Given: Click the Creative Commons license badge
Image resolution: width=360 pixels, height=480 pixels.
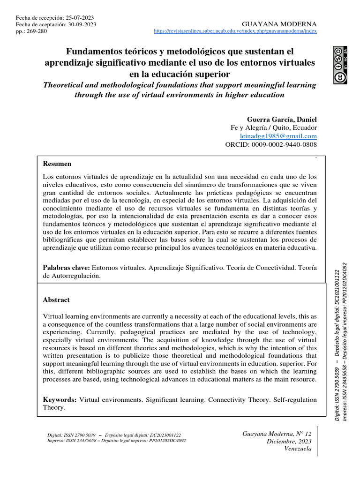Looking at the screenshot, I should point(340,66).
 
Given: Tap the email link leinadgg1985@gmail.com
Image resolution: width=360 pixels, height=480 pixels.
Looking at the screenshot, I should point(278,136).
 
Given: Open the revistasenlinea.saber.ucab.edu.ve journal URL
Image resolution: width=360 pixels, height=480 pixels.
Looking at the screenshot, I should point(235,31).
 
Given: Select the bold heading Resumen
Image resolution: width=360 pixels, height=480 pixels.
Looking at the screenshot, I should point(57,164).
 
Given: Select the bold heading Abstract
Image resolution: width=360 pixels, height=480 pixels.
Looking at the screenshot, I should point(56,300).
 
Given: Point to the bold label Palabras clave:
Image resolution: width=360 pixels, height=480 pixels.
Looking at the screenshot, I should point(66,267).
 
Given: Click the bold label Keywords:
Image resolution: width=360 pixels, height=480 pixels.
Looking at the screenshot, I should point(60,399).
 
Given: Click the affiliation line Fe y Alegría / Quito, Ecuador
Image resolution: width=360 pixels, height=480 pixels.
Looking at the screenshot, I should point(274,127).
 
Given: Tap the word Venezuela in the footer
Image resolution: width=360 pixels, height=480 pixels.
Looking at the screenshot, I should point(298,449).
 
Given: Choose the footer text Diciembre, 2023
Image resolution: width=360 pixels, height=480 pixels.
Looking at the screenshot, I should point(289,441).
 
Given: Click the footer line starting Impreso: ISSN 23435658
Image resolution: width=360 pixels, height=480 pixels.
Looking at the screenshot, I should point(117,441).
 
